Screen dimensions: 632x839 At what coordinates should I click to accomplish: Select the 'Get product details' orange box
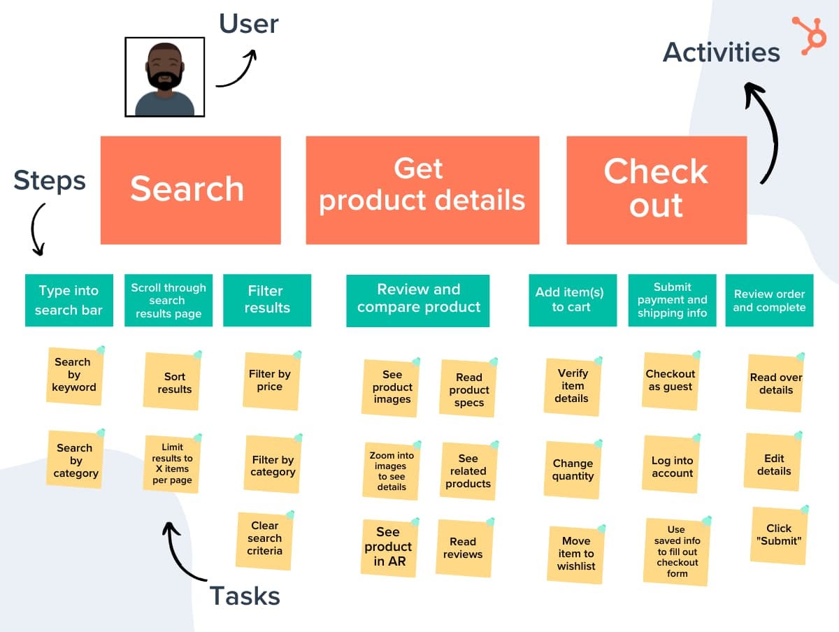click(422, 189)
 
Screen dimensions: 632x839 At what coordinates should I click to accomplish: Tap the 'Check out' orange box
click(656, 189)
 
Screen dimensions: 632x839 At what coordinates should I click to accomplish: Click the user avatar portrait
click(165, 77)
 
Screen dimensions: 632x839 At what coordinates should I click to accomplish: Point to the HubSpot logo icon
click(809, 34)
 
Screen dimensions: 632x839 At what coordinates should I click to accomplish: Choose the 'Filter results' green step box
click(267, 300)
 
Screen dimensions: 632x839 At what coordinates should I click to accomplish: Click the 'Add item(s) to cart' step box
click(572, 300)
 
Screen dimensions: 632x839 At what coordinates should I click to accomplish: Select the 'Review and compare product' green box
click(418, 300)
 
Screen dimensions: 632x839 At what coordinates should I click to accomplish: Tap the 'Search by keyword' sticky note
click(74, 375)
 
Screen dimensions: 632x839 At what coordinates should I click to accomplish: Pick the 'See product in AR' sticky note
click(389, 547)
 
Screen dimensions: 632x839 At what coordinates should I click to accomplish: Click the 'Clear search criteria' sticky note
click(265, 539)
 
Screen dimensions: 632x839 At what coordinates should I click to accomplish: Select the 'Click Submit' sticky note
click(778, 535)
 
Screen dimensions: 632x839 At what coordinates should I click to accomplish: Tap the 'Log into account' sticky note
click(672, 467)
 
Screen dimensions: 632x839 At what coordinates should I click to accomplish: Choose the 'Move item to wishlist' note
click(575, 554)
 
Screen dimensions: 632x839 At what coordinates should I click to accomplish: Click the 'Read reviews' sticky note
click(463, 548)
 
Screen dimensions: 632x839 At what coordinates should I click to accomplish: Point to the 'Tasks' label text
click(245, 596)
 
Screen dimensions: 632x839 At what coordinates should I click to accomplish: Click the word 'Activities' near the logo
click(722, 52)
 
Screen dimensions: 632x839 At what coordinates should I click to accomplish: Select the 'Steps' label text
click(50, 181)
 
